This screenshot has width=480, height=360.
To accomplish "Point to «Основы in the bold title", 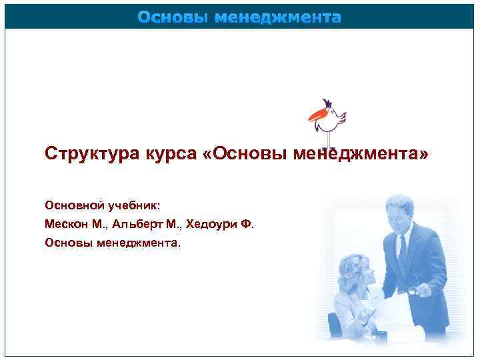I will point(241,155).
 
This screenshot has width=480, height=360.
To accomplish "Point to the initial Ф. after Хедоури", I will point(247,223).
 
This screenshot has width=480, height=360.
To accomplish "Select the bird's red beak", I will point(315,117).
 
